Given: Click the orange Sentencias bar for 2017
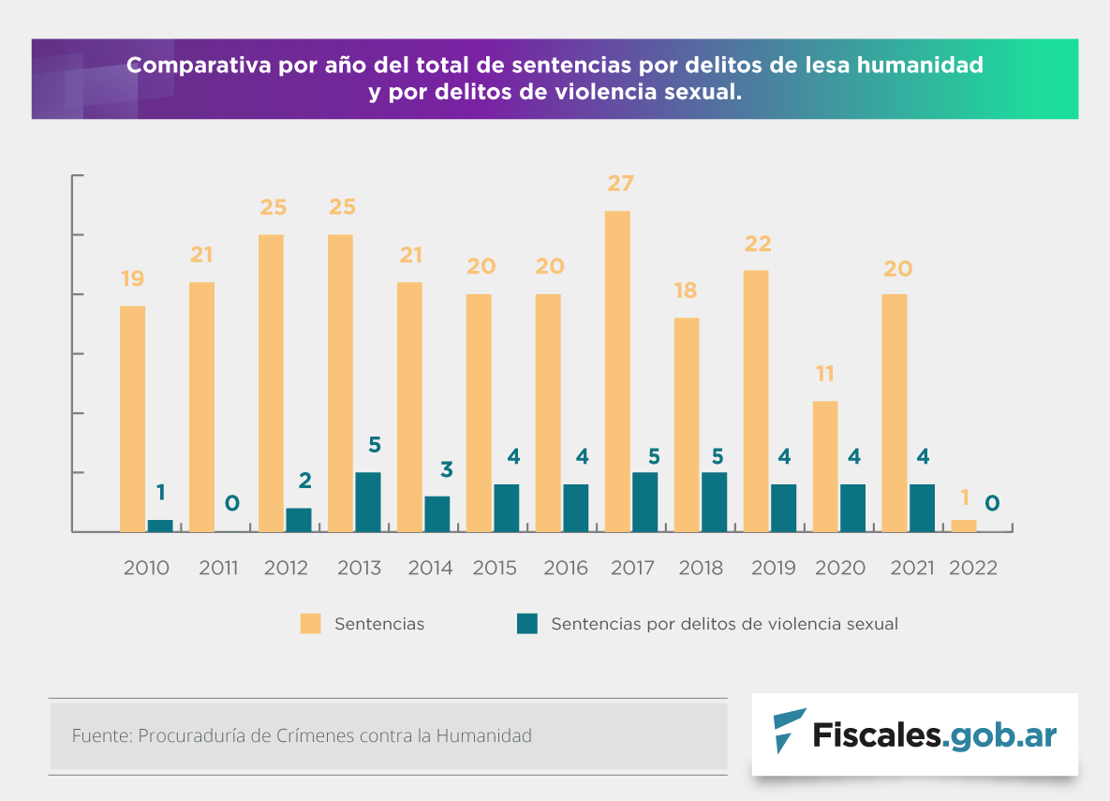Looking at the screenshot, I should [617, 371].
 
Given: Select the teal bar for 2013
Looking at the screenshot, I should [368, 501].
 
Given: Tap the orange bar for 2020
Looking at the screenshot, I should [825, 466].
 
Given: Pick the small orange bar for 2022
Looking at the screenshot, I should [964, 526].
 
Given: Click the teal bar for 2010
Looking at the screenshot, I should [160, 526].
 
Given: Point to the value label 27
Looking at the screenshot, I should [620, 183].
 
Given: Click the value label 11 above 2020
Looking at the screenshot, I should [824, 374].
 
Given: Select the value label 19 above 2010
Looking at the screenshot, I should [132, 278].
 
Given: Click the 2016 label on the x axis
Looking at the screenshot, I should [566, 568].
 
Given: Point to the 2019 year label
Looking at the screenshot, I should [774, 568].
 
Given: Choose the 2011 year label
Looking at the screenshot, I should [218, 568].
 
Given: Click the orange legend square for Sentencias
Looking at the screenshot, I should [310, 624].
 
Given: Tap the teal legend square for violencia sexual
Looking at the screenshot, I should [527, 624].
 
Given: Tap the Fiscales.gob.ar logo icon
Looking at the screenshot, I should [788, 731].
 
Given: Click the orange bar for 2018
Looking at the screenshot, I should [687, 424].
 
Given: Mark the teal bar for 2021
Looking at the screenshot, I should [923, 508].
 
